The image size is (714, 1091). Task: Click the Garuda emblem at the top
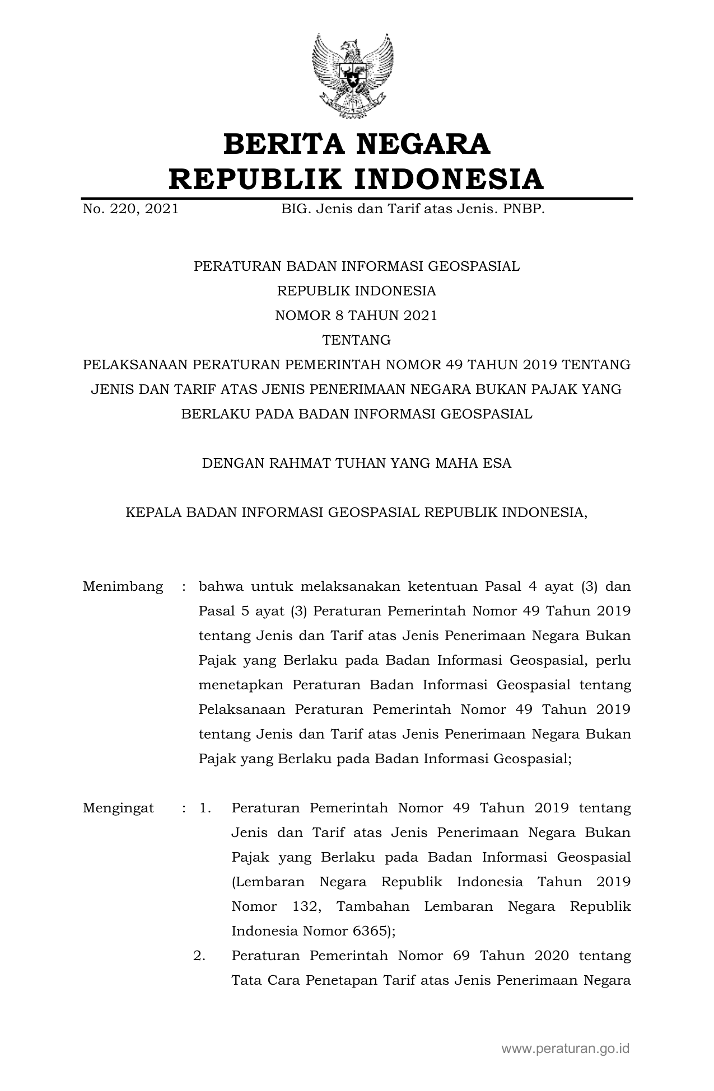(x=353, y=76)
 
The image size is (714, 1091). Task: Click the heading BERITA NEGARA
(x=357, y=144)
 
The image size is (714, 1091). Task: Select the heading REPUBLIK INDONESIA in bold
(x=357, y=180)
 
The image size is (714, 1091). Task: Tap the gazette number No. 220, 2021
(x=130, y=210)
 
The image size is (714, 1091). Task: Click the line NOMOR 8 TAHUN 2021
(x=356, y=316)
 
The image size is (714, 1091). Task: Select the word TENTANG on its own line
(x=356, y=340)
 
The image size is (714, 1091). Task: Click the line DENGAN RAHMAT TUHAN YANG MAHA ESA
(x=357, y=463)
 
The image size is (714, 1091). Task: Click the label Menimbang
(x=123, y=586)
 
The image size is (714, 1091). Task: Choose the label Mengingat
(x=118, y=808)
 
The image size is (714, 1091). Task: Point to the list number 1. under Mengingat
(x=205, y=808)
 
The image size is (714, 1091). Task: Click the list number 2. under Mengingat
(x=199, y=956)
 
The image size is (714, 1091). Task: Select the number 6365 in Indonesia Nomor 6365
(x=370, y=931)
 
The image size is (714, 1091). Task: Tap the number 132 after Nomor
(x=307, y=906)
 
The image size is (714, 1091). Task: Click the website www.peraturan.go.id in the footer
(x=566, y=1048)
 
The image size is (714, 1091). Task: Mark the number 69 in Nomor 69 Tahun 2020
(x=461, y=956)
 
